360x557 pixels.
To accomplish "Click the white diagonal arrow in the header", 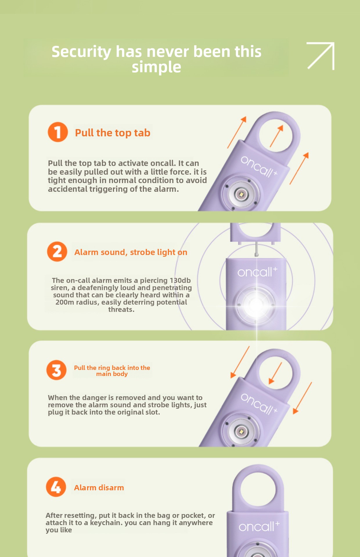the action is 321,56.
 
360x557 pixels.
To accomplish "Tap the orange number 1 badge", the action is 58,132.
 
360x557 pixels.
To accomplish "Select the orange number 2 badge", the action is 57,252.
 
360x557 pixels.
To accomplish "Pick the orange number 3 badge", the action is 57,370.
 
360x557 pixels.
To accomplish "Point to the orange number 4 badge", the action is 56,487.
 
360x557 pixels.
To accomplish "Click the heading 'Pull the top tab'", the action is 113,133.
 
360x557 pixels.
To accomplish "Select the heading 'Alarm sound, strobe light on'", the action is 131,252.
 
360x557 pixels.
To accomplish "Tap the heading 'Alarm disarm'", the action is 99,488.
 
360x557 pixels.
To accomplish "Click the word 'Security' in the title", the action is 81,52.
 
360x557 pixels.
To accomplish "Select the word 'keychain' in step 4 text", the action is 106,523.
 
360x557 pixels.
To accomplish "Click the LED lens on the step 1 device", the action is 241,194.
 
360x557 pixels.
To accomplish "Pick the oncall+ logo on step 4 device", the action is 259,526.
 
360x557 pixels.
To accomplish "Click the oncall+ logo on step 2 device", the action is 257,272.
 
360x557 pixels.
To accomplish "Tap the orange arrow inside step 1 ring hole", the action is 276,136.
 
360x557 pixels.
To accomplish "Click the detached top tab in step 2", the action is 255,234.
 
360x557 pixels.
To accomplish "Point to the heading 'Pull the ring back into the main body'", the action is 112,371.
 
